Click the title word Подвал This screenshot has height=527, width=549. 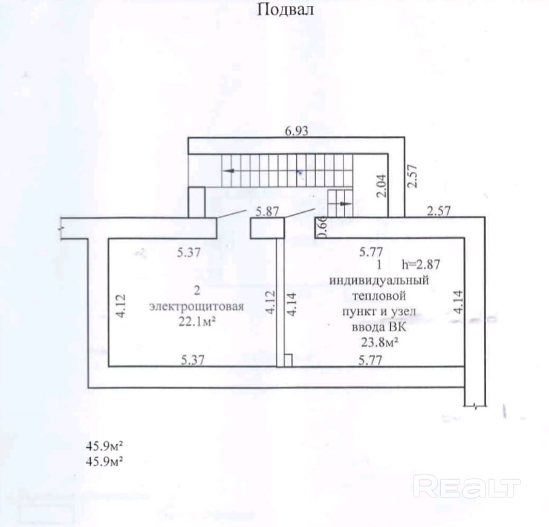pyautogui.click(x=285, y=10)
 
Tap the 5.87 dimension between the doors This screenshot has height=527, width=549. pyautogui.click(x=267, y=212)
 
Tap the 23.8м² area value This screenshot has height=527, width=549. pyautogui.click(x=378, y=343)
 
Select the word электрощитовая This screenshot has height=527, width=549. pyautogui.click(x=197, y=306)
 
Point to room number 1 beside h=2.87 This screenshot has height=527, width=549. pyautogui.click(x=379, y=264)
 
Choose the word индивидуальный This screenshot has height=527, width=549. pyautogui.click(x=378, y=280)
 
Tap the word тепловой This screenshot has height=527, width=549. pyautogui.click(x=378, y=296)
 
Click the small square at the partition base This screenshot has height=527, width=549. pyautogui.click(x=288, y=361)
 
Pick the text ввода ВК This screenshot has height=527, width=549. pyautogui.click(x=378, y=328)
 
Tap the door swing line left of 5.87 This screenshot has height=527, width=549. pyautogui.click(x=231, y=213)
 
